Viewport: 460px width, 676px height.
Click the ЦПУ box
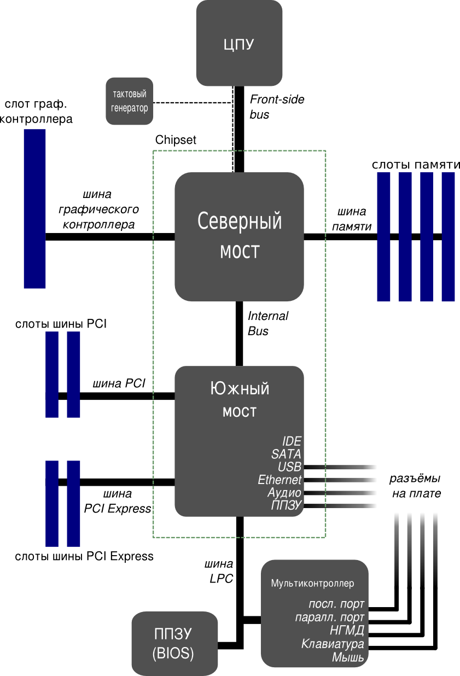[239, 44]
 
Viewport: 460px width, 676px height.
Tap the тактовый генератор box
[129, 101]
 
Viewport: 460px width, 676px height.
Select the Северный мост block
[239, 236]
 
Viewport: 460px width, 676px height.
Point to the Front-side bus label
[276, 107]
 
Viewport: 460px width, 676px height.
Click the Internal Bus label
[267, 323]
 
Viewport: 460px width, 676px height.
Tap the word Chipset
[176, 140]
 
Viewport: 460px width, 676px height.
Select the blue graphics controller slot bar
[34, 208]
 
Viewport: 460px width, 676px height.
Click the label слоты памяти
[416, 165]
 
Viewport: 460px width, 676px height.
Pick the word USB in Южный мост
[289, 467]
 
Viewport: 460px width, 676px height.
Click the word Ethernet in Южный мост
[280, 480]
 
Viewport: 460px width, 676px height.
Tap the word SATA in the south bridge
[286, 454]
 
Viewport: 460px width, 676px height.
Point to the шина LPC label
[219, 570]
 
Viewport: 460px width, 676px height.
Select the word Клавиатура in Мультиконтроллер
[333, 644]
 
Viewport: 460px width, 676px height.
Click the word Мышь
[348, 657]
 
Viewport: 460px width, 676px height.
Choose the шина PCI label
[119, 383]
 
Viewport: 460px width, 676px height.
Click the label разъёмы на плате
[415, 486]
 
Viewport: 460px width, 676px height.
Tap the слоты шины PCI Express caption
[84, 557]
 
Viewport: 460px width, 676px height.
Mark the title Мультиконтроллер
[312, 584]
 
